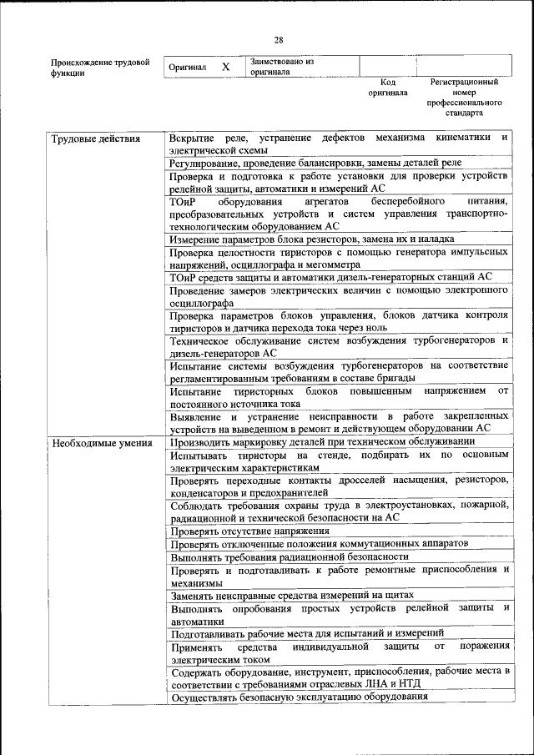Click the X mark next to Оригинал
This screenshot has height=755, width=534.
pyautogui.click(x=225, y=66)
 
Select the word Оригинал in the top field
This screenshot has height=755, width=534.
pyautogui.click(x=187, y=67)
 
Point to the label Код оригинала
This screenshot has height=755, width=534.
pyautogui.click(x=387, y=88)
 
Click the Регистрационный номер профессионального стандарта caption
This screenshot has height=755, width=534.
pyautogui.click(x=464, y=97)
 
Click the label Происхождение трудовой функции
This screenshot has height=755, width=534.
pyautogui.click(x=99, y=67)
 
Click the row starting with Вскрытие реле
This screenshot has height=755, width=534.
pyautogui.click(x=338, y=143)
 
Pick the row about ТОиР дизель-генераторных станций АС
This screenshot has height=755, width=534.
pyautogui.click(x=330, y=277)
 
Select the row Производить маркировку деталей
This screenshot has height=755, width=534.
pyautogui.click(x=322, y=441)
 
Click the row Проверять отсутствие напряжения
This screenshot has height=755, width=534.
pyautogui.click(x=250, y=531)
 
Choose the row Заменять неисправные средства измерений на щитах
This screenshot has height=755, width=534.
pyautogui.click(x=293, y=596)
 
